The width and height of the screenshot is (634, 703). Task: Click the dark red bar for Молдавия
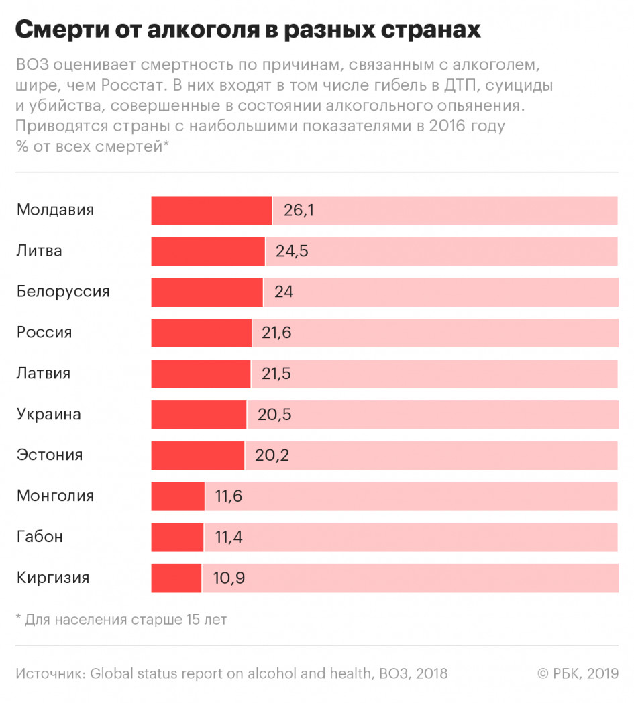click(x=211, y=211)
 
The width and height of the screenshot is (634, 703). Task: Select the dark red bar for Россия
click(x=201, y=333)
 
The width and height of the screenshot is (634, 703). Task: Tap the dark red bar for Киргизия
click(x=176, y=578)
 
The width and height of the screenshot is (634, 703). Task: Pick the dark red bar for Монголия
click(x=178, y=497)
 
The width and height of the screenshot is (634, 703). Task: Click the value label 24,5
click(x=291, y=252)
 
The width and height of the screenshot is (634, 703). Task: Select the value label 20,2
click(x=272, y=456)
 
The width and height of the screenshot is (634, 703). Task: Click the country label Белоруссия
click(x=63, y=292)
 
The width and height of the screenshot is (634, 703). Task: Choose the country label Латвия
click(x=44, y=373)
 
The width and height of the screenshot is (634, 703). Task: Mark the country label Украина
click(x=49, y=414)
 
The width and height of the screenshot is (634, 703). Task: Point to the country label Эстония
click(x=50, y=455)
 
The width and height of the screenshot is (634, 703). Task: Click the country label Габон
click(x=40, y=537)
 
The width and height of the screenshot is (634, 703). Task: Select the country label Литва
click(x=40, y=251)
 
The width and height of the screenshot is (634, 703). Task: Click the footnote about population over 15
click(x=121, y=619)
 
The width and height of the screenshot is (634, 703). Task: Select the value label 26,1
click(x=299, y=211)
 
